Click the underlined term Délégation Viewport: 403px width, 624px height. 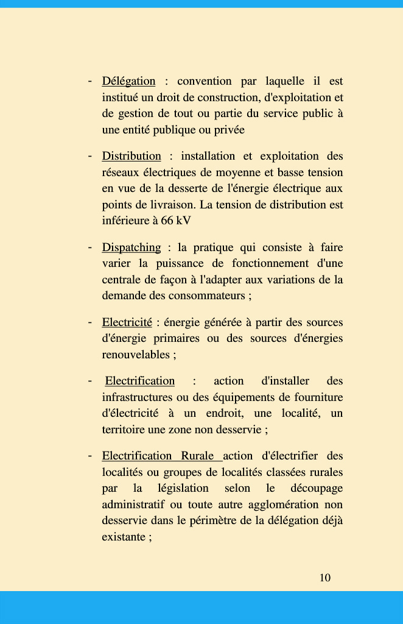point(128,81)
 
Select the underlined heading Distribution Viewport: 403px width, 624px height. point(131,156)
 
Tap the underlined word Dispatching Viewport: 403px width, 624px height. point(131,247)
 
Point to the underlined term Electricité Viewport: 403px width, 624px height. point(127,322)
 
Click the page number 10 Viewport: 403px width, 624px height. point(325,578)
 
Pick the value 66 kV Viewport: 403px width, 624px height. point(176,221)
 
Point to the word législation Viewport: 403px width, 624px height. point(183,488)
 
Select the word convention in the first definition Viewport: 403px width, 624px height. point(205,81)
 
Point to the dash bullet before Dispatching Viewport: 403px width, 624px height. point(89,247)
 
